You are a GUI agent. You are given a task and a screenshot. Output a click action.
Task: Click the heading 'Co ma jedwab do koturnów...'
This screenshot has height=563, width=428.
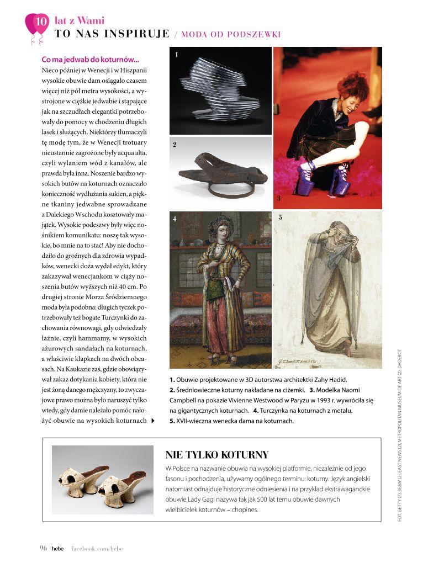tap(91, 60)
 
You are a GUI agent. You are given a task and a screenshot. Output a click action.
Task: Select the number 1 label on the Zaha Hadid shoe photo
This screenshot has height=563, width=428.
tap(176, 55)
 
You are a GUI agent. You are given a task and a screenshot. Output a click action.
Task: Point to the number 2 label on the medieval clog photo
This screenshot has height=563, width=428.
tap(174, 145)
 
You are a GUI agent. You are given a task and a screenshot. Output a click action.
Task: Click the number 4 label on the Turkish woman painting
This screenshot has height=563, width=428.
tap(175, 219)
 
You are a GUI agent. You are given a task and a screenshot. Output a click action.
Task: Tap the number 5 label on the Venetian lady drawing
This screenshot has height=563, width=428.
tap(280, 217)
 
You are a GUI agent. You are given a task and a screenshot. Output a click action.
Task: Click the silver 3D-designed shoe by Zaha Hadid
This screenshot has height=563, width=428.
tap(219, 91)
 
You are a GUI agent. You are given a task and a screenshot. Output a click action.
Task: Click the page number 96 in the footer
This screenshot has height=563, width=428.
tap(43, 548)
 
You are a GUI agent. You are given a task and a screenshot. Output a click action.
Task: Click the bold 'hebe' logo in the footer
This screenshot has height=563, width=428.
tap(58, 548)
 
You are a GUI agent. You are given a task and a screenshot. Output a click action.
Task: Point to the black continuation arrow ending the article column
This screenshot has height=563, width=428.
tap(153, 421)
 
